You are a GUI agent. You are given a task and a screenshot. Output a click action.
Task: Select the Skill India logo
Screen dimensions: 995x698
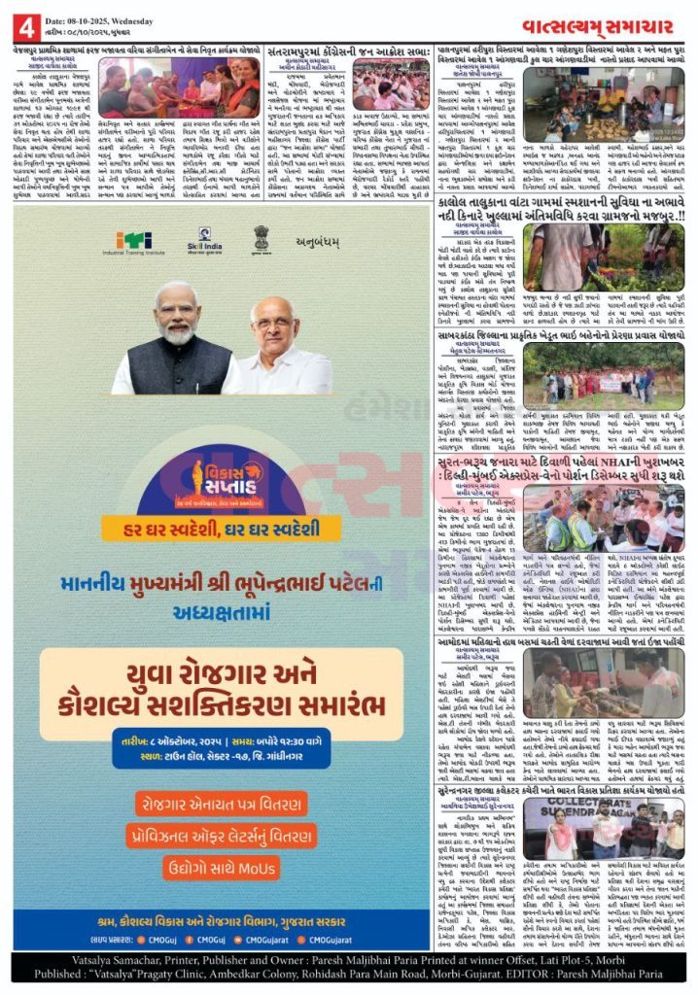click(205, 240)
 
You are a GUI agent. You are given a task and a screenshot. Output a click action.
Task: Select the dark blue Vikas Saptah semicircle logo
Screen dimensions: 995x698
click(222, 485)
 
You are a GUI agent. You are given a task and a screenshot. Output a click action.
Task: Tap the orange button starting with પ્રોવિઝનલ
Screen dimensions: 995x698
click(222, 834)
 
